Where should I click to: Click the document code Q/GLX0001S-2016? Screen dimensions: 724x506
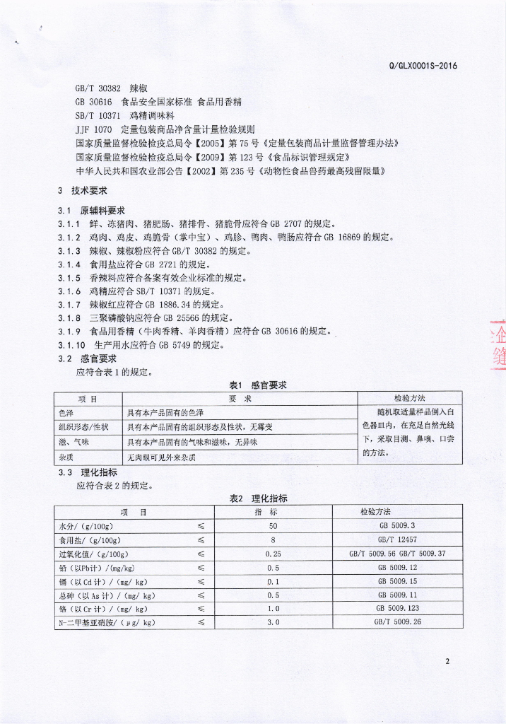point(423,66)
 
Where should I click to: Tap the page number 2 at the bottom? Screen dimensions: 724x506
point(447,662)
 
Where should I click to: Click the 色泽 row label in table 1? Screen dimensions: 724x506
point(66,412)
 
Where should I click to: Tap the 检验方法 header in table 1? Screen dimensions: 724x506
point(409,398)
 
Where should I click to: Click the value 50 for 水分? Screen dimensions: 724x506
point(273,526)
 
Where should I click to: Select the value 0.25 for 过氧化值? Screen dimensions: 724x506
point(273,554)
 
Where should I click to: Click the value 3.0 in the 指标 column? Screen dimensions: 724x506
point(273,622)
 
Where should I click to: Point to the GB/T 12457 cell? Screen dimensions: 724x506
point(397,539)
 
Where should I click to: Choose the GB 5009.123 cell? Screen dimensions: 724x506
point(397,608)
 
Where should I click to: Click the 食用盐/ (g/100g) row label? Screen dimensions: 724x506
point(87,539)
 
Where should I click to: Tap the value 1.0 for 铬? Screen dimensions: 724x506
point(273,608)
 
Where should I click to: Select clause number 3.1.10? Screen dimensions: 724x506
point(71,345)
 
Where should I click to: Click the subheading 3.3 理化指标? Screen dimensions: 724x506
point(88,472)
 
